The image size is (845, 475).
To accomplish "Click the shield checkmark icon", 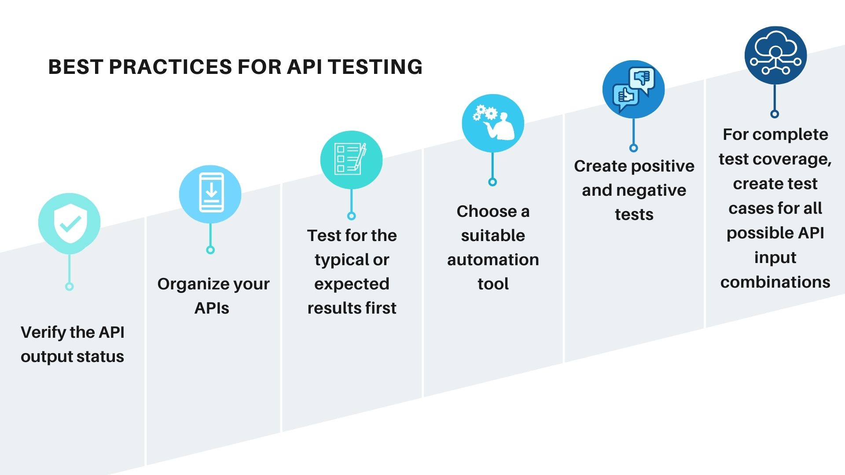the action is coord(70,223).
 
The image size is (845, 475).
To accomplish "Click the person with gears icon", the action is coord(493,123).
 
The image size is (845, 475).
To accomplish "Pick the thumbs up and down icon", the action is coord(634,89).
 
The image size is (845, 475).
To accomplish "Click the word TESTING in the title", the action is coord(375,67).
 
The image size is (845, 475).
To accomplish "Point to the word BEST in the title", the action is coord(75,67).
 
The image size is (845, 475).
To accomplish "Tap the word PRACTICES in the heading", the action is coord(170,67).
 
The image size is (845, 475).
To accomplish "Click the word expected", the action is coord(352,284).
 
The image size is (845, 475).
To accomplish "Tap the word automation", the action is coord(493,259).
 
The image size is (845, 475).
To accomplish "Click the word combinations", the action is coord(775,282).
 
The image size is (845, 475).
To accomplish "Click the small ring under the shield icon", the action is coord(69,287).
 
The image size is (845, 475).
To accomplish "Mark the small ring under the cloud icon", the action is coord(775,114).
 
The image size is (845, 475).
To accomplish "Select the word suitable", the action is coord(493,235).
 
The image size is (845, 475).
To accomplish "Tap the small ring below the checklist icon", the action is coord(351,216).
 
